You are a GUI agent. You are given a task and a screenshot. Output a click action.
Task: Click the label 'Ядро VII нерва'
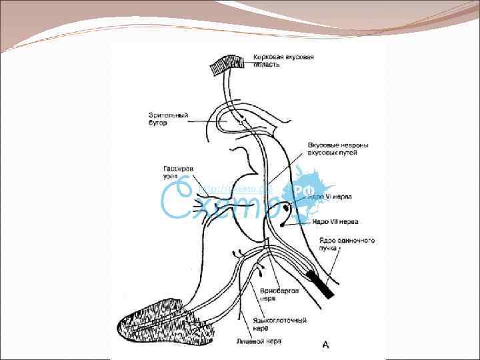coord(335,221)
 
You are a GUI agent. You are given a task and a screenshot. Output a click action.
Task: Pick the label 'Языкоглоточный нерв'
coord(280,324)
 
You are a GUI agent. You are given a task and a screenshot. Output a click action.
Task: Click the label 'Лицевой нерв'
coord(259,341)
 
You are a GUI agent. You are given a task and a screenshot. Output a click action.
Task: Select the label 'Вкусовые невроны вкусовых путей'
coord(338,149)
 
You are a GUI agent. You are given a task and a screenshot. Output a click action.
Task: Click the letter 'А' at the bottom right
coord(325,344)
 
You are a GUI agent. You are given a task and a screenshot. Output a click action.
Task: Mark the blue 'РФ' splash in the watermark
coord(311,191)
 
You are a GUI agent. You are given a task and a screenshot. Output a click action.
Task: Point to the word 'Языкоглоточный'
coord(280,320)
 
